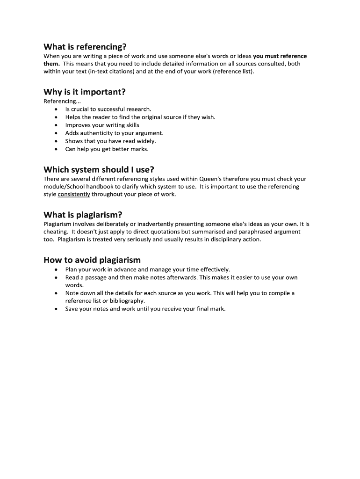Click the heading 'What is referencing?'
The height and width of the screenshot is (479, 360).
click(x=85, y=47)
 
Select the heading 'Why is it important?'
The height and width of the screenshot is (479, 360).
click(x=85, y=92)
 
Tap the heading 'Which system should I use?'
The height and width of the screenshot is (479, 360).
click(x=99, y=169)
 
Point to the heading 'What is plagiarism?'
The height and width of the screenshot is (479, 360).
click(x=83, y=215)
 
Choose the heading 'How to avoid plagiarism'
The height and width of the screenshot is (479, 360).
click(x=92, y=260)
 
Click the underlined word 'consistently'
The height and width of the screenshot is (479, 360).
click(x=74, y=195)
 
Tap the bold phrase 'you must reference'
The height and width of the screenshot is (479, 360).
click(x=280, y=56)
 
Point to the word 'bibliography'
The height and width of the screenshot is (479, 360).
click(x=126, y=301)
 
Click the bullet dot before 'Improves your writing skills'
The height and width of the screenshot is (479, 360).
click(x=56, y=125)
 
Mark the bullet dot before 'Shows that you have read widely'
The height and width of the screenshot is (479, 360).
click(x=56, y=141)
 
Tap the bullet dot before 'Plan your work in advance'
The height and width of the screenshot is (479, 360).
click(x=56, y=270)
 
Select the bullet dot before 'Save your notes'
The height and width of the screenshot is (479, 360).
click(x=56, y=309)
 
